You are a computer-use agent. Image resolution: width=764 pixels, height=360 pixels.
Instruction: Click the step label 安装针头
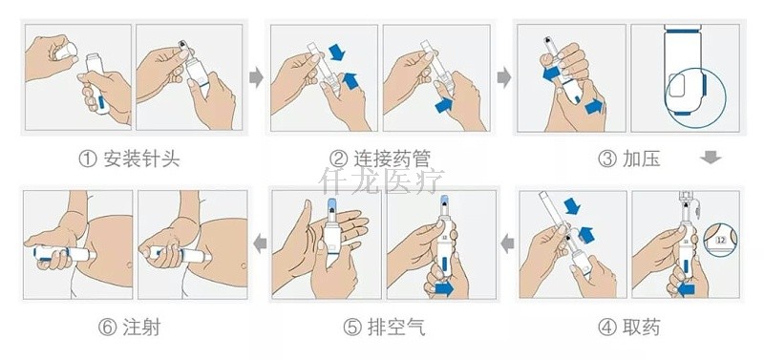click(x=140, y=159)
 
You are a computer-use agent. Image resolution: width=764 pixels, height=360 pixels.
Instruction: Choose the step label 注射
click(x=139, y=328)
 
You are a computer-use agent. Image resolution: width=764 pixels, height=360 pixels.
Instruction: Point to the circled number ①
click(x=87, y=159)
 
